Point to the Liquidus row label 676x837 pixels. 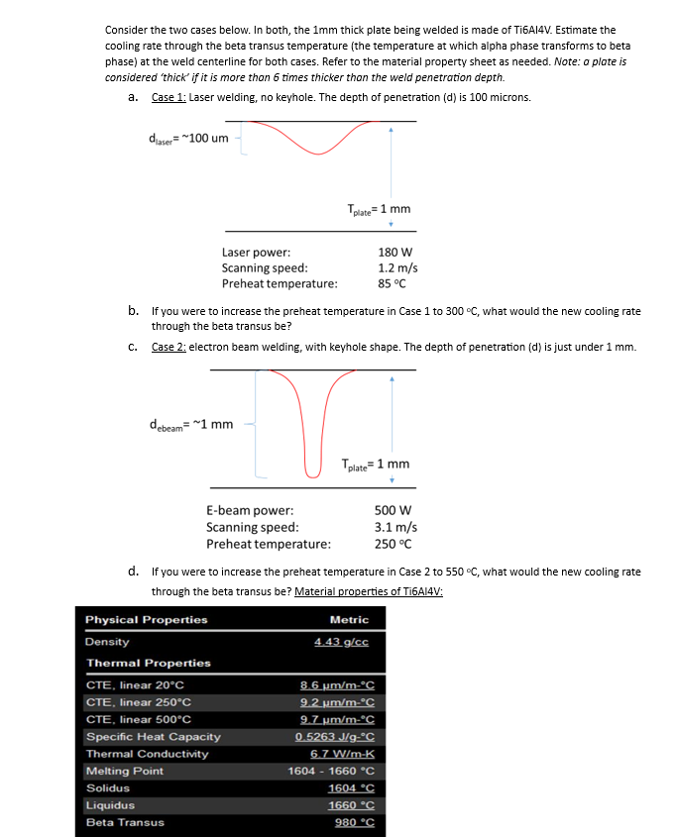pos(109,805)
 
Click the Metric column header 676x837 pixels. pos(349,620)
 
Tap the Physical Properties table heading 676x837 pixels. pos(147,620)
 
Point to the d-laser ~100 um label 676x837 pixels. pos(188,137)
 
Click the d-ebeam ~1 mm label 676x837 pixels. pos(190,425)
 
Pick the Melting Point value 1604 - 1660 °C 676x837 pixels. pos(330,771)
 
